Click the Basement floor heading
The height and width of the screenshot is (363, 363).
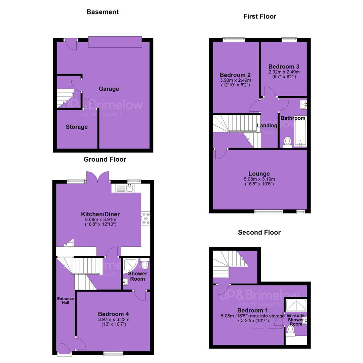tap(102, 12)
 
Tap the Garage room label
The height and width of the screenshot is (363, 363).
tap(109, 89)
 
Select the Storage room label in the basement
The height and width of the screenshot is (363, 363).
tap(77, 127)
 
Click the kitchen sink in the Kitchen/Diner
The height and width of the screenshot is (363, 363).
tap(130, 188)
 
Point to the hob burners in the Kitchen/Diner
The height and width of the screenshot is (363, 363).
tap(146, 218)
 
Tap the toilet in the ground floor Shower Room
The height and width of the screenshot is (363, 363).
tap(145, 264)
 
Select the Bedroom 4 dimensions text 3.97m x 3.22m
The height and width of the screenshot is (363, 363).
tap(114, 320)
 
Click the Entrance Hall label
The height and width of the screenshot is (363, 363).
tap(66, 300)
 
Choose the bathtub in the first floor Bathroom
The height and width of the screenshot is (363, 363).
tap(300, 131)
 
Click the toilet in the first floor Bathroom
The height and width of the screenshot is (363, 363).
tap(287, 142)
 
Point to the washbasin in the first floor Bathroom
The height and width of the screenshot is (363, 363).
tap(303, 105)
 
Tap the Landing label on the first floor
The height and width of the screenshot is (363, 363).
tap(267, 125)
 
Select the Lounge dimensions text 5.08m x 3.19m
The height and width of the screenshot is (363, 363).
tap(259, 179)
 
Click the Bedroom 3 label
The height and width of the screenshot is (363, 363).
tap(284, 67)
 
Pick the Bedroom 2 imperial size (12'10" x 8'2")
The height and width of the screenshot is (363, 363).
tap(235, 85)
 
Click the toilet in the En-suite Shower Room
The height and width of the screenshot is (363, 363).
tap(290, 330)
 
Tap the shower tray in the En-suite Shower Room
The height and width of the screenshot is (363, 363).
tap(296, 305)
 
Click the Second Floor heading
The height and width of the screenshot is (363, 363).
tap(259, 233)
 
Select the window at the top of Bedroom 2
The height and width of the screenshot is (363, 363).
tap(234, 40)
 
